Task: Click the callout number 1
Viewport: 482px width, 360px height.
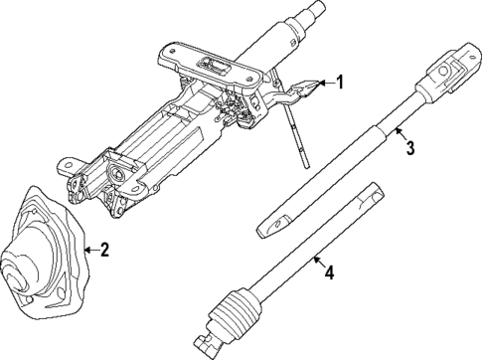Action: click(x=339, y=84)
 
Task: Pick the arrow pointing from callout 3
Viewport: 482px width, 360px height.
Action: click(x=396, y=135)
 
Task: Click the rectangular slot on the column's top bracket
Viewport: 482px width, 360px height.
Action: click(x=215, y=68)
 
